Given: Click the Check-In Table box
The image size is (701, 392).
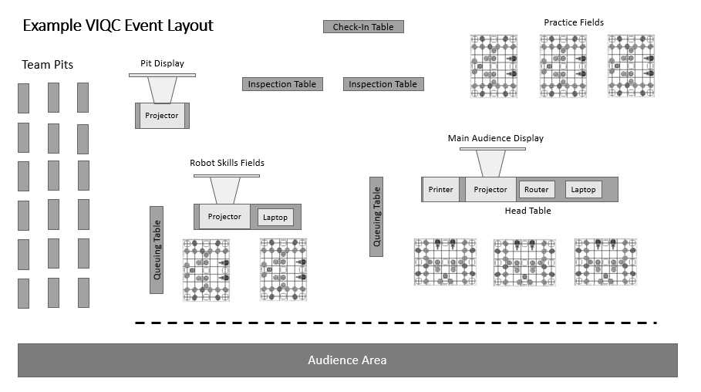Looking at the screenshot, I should (x=363, y=27).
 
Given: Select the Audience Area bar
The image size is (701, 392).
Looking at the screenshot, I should (x=347, y=360).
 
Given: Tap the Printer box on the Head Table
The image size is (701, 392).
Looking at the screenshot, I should (x=441, y=190).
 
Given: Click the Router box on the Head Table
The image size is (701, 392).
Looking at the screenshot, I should (x=537, y=190).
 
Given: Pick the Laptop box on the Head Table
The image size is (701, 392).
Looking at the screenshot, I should (x=583, y=190).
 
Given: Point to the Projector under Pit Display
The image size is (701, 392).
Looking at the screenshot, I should (x=162, y=116).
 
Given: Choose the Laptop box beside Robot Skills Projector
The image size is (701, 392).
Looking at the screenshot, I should (x=275, y=218).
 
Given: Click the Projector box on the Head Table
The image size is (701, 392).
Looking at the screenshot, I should (x=490, y=190).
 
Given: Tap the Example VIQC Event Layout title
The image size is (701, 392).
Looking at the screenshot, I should (x=118, y=26).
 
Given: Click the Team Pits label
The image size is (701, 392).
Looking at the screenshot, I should (x=48, y=65).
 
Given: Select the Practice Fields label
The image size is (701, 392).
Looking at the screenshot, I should (x=574, y=23).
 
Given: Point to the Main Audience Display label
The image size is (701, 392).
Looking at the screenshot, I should (x=496, y=139).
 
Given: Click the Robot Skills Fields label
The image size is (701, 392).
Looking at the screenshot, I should (x=227, y=163).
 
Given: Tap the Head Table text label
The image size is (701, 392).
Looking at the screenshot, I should (x=527, y=211).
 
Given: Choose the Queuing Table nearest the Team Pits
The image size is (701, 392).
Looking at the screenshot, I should (x=157, y=249).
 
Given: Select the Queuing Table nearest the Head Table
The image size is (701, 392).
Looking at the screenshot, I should (x=376, y=216).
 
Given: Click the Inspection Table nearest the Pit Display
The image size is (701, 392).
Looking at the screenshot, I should (x=282, y=84).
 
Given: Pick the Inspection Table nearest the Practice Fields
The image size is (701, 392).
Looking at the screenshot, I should (x=383, y=84).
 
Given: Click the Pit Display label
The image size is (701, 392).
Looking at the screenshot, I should (x=162, y=63).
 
